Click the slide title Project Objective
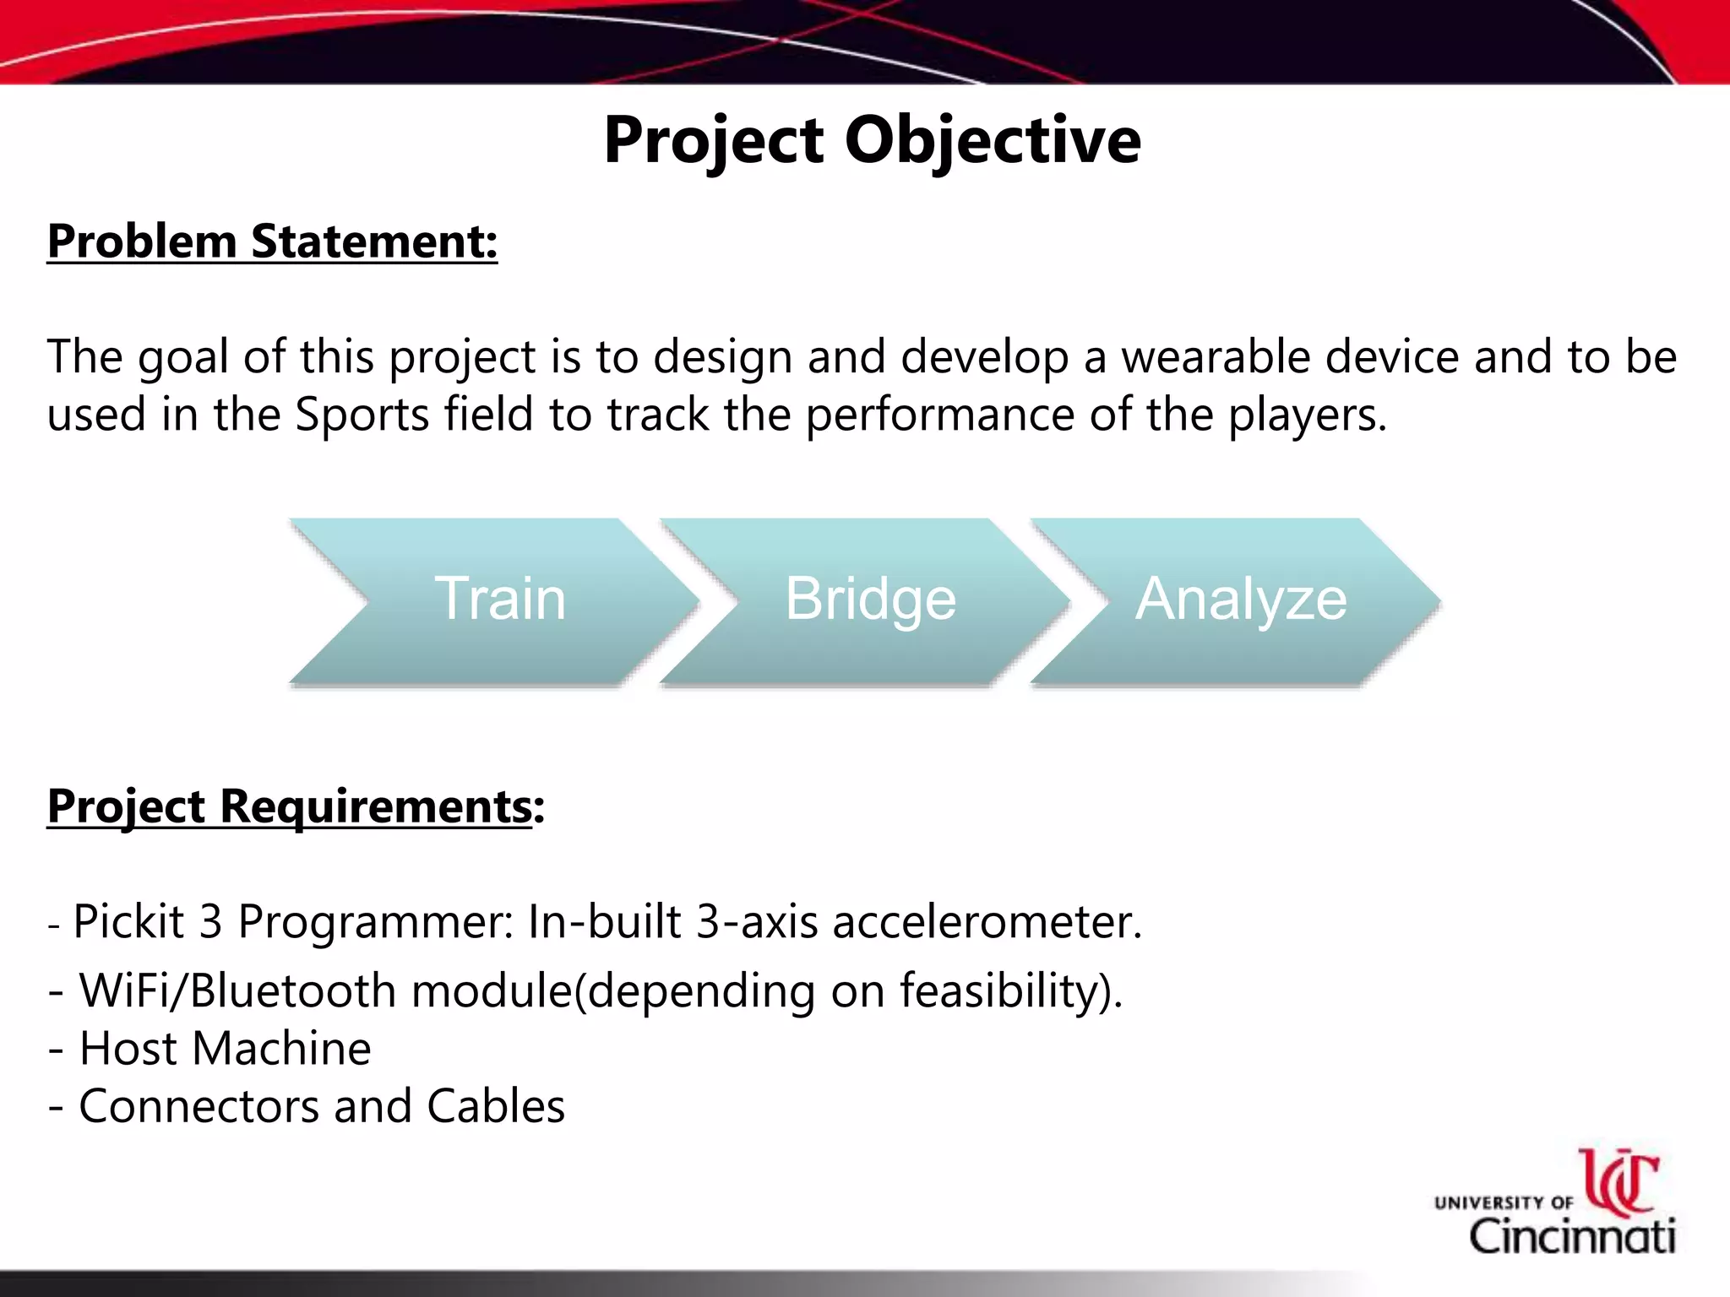(872, 141)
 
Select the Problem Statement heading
(272, 242)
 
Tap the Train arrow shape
(499, 600)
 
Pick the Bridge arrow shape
(870, 600)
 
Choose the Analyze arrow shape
(1240, 600)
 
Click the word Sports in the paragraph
(362, 415)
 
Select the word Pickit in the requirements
(128, 921)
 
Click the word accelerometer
(987, 921)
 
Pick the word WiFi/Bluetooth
(237, 990)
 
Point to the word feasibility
(1004, 990)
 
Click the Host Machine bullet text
(225, 1049)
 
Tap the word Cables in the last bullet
(495, 1106)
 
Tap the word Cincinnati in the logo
(1572, 1237)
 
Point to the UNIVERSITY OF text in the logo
(1504, 1202)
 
